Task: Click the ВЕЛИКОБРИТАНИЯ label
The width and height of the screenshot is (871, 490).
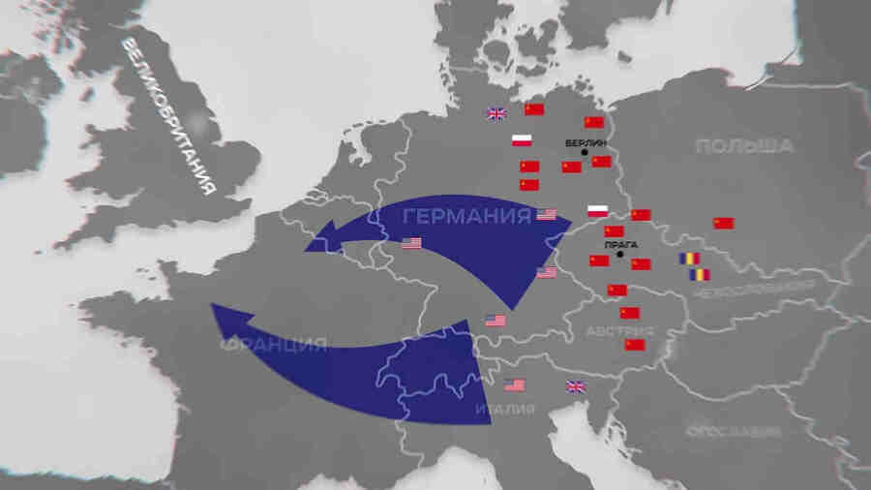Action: (x=168, y=117)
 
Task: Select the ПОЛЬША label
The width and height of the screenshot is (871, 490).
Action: (x=744, y=146)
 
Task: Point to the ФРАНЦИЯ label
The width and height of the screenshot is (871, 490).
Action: (x=274, y=345)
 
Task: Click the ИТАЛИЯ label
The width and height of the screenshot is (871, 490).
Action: (x=504, y=410)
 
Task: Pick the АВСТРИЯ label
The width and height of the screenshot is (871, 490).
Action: (x=619, y=331)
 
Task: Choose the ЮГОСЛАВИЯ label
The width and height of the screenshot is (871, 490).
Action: (x=733, y=431)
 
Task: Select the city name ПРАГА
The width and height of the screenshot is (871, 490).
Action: (x=620, y=245)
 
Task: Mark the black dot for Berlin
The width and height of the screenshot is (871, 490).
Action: (x=586, y=153)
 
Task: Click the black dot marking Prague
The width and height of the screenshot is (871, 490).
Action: (x=620, y=256)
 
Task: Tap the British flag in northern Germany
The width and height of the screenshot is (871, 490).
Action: (x=496, y=113)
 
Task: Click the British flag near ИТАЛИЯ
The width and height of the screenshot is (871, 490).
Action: (x=575, y=386)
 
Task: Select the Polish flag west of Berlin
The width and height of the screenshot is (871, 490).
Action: (x=523, y=139)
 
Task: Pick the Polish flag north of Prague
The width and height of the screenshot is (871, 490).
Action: (x=598, y=211)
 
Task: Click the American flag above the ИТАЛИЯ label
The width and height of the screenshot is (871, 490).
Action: (x=515, y=384)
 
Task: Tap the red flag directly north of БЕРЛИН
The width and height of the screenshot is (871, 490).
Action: (x=594, y=122)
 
